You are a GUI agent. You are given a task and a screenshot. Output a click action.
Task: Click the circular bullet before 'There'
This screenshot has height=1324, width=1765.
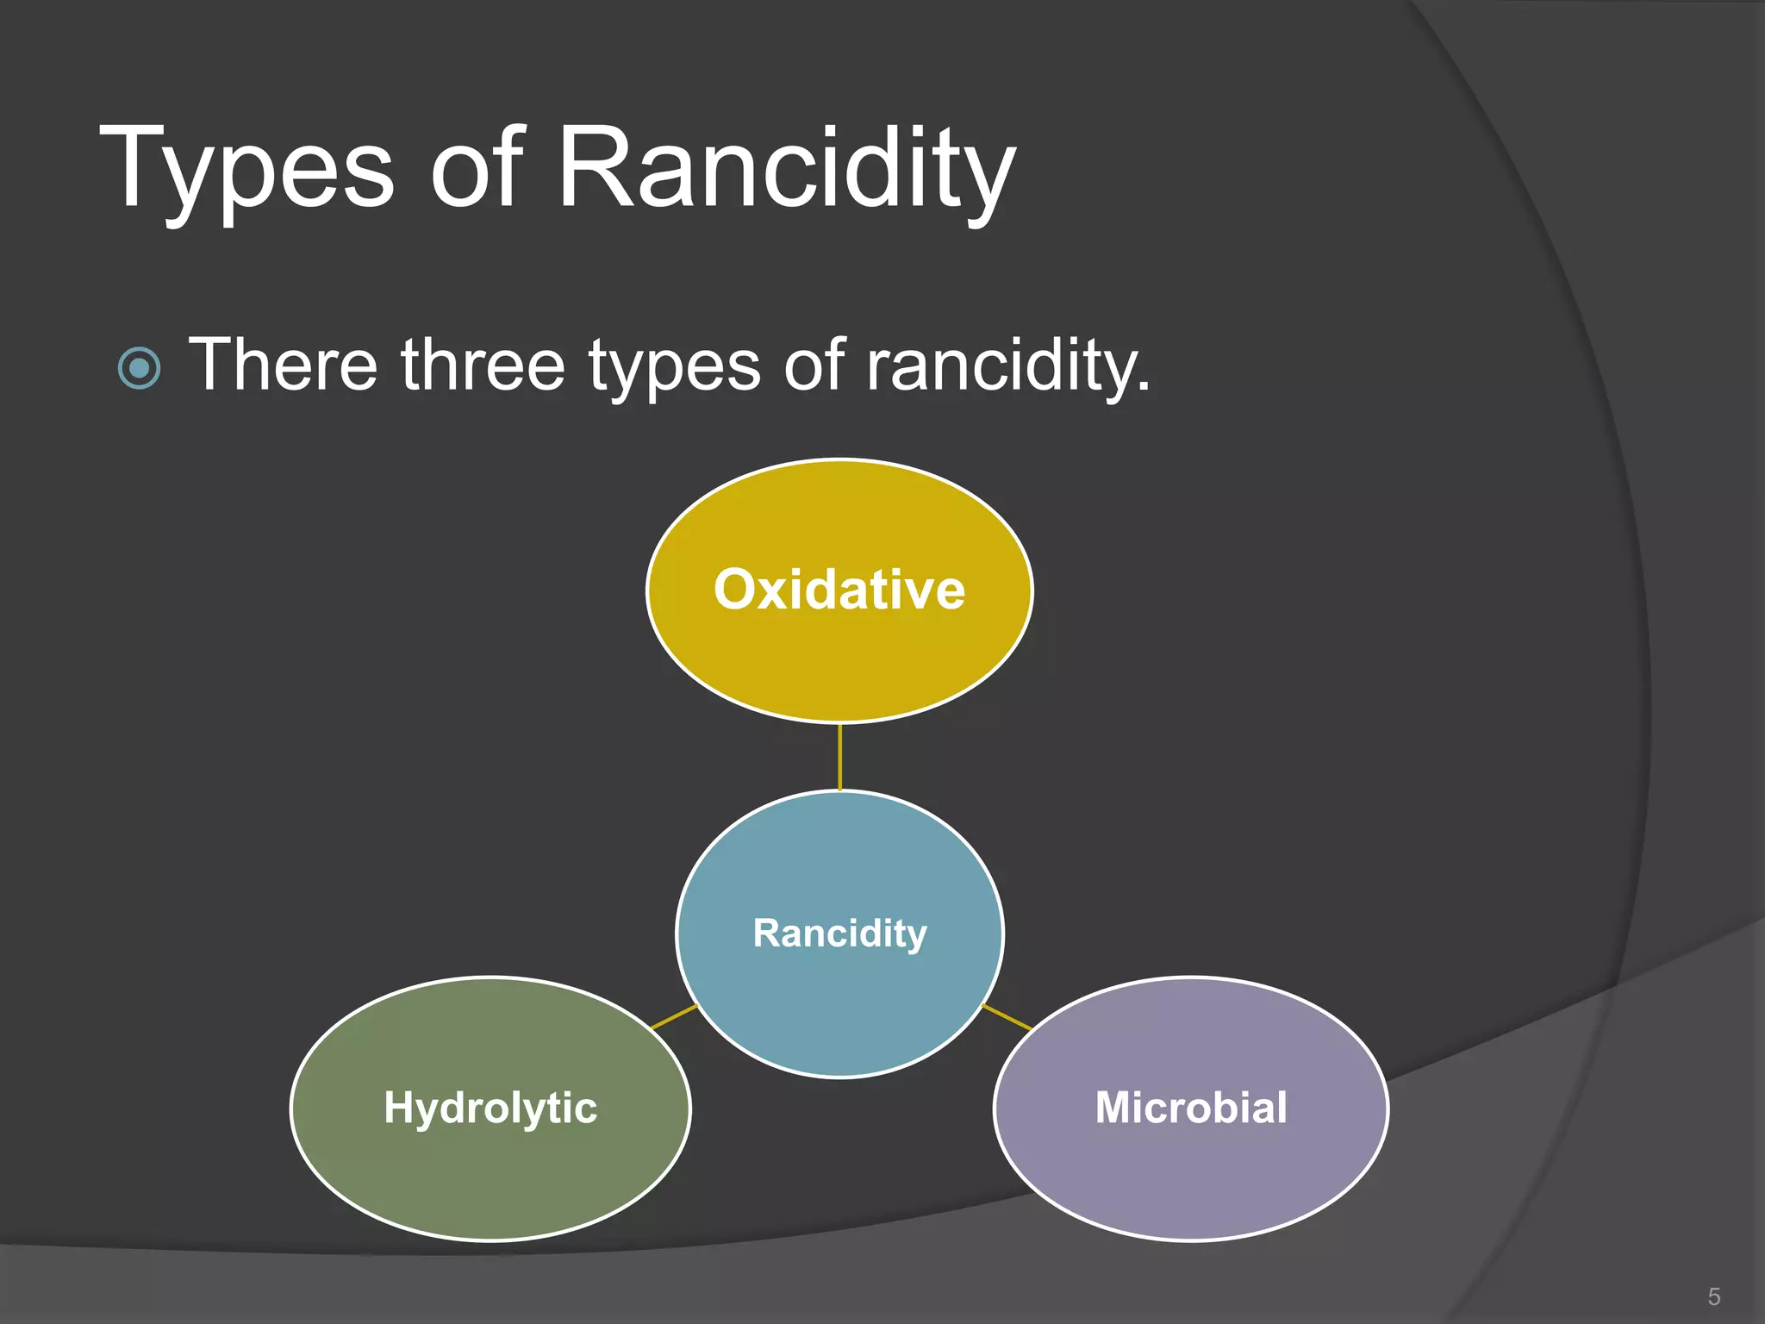tap(139, 369)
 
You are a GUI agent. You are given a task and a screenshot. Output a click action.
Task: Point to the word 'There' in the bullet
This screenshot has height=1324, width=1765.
tap(283, 365)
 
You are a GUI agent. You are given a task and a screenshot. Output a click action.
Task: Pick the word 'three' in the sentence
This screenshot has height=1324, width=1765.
tap(483, 365)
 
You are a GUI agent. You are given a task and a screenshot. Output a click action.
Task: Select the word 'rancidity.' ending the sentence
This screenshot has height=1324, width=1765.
tap(1007, 367)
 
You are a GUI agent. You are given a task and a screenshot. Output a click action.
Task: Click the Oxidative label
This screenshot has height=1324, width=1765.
tap(839, 590)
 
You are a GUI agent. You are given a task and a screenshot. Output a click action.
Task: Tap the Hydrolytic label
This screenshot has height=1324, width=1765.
tap(490, 1108)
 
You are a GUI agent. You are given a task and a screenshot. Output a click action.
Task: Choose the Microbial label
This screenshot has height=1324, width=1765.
tap(1191, 1108)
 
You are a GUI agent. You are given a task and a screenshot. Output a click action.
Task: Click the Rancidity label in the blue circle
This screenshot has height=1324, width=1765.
tap(839, 934)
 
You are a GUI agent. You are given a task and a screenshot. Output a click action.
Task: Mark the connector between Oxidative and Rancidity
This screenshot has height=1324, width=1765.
tap(839, 757)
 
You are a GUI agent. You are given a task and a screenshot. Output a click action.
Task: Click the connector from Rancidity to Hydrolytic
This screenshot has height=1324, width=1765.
tap(675, 1016)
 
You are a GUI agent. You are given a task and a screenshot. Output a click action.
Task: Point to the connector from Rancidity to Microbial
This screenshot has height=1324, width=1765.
tap(1007, 1017)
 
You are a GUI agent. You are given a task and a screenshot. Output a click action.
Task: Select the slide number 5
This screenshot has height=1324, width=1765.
tap(1713, 1296)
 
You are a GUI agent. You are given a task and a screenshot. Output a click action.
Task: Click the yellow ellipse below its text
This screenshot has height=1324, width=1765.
tap(839, 672)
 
